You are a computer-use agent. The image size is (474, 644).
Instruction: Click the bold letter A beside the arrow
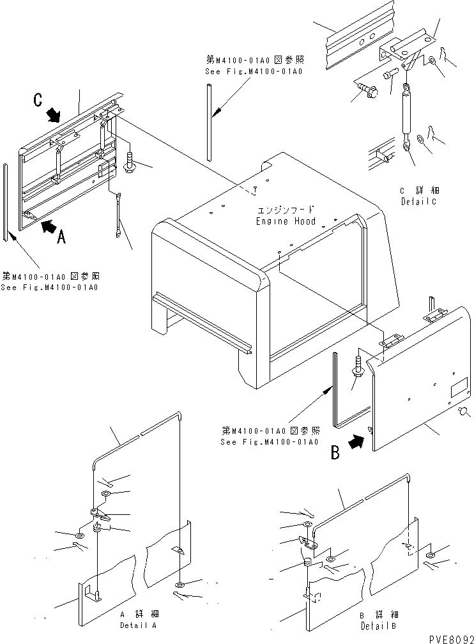click(61, 237)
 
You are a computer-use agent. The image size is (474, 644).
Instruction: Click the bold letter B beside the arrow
click(335, 454)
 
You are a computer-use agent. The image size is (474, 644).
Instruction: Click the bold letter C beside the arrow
click(39, 100)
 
